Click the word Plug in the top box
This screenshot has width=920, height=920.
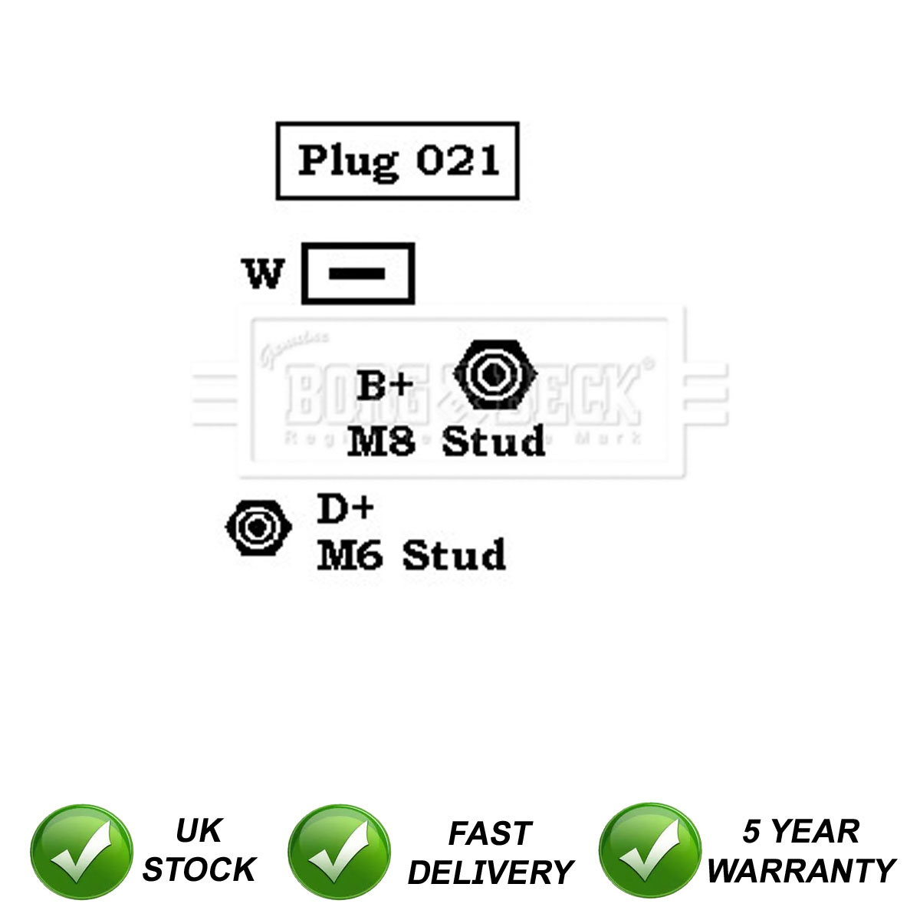(348, 161)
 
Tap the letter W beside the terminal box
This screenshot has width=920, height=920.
(264, 273)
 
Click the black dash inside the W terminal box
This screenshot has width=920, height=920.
(358, 274)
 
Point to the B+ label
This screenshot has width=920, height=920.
(385, 386)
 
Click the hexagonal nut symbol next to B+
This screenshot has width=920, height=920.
(495, 374)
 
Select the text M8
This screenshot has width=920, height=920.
(381, 442)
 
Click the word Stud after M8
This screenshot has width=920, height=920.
(494, 442)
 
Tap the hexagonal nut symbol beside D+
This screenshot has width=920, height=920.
(258, 527)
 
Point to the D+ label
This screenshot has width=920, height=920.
(345, 509)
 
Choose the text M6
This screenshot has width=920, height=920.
(349, 556)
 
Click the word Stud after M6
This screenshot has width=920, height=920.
(454, 556)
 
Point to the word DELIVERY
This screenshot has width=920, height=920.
(491, 872)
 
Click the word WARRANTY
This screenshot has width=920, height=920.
(800, 871)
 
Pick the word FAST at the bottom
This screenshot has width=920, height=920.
(490, 833)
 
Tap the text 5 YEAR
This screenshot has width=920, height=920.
(800, 832)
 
